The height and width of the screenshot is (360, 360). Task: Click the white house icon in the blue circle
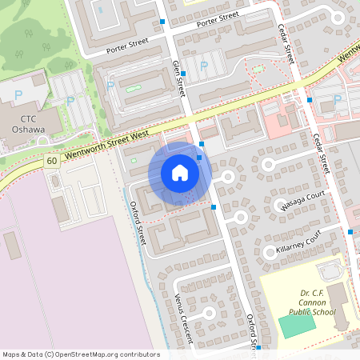click(x=180, y=173)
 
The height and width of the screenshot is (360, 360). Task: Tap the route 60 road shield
click(x=51, y=161)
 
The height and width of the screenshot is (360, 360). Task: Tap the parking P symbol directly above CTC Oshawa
click(x=18, y=96)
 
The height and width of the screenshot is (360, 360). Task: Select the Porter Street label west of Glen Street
click(x=127, y=47)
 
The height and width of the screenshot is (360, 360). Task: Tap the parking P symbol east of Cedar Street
click(x=337, y=99)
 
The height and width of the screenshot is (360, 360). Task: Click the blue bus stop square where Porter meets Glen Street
click(x=162, y=22)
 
